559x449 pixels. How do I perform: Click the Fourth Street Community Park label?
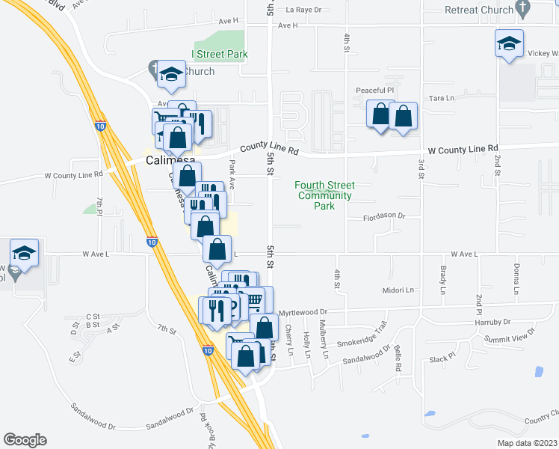click(x=324, y=195)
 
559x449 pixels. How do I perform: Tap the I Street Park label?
click(x=220, y=54)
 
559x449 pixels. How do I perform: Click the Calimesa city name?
click(x=170, y=160)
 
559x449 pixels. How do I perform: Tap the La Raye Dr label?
click(x=303, y=10)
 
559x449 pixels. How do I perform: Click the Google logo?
click(x=25, y=440)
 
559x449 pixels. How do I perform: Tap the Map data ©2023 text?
click(x=526, y=443)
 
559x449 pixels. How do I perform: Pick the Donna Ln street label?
click(x=516, y=278)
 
